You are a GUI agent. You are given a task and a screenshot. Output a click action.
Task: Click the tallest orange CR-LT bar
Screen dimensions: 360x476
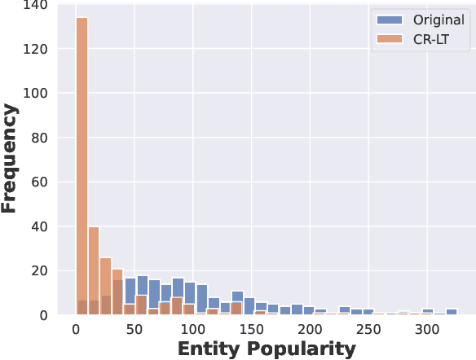(x=82, y=163)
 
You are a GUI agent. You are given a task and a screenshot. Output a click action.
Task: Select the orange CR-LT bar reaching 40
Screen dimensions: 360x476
(x=94, y=269)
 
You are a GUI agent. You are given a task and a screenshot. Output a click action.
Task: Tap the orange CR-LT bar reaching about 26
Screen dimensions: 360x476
(x=105, y=285)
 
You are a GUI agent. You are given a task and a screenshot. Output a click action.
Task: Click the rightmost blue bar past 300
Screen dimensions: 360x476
(x=452, y=311)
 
